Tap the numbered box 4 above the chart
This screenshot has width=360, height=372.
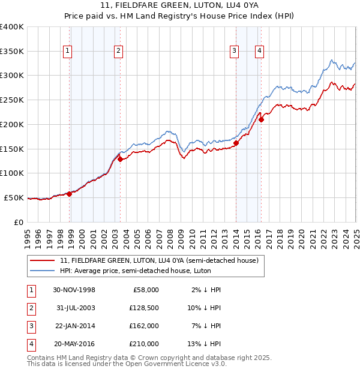(259, 52)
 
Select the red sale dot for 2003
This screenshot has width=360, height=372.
(120, 159)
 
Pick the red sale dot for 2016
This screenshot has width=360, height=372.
(261, 119)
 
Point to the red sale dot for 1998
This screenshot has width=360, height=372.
(70, 193)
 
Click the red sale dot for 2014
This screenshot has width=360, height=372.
(236, 143)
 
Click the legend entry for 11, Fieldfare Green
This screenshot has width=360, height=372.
(159, 260)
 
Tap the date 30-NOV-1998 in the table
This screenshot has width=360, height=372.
(74, 290)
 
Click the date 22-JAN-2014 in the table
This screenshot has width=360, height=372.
(74, 326)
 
